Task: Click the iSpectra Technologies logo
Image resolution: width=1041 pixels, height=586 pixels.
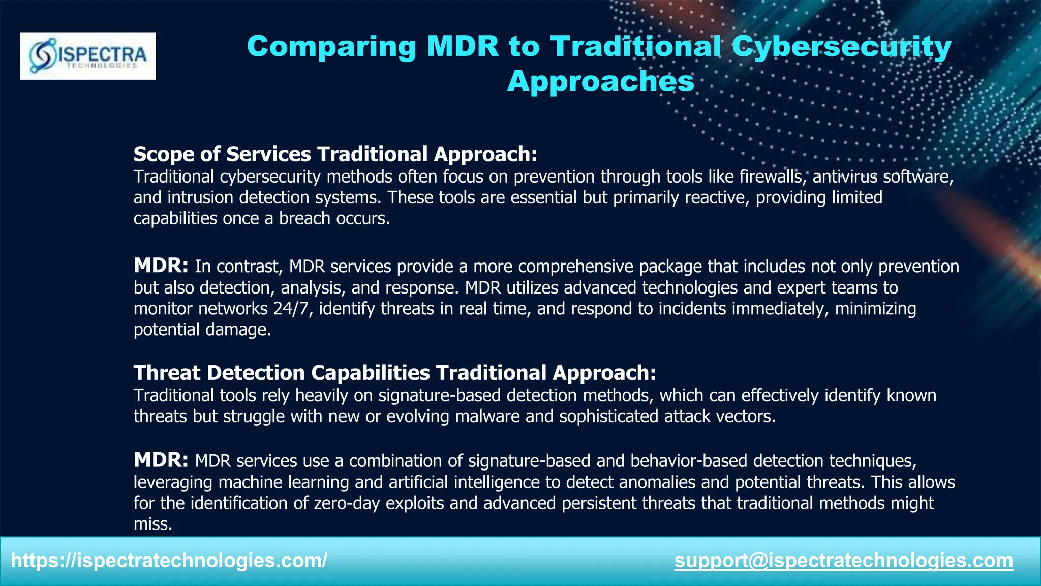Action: [88, 56]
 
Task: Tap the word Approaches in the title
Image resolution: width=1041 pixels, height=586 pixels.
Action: [600, 81]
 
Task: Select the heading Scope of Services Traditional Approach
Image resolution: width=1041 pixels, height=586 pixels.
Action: [335, 154]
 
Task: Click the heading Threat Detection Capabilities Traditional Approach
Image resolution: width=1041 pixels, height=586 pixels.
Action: [394, 373]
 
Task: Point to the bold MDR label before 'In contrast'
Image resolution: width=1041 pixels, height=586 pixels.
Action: [161, 266]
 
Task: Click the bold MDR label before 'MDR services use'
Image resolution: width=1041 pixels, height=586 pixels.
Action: [161, 460]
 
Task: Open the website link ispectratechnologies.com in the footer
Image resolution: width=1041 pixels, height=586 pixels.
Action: [169, 561]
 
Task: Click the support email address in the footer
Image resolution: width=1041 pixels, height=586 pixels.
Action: [843, 561]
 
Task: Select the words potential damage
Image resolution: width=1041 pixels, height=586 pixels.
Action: [202, 330]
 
